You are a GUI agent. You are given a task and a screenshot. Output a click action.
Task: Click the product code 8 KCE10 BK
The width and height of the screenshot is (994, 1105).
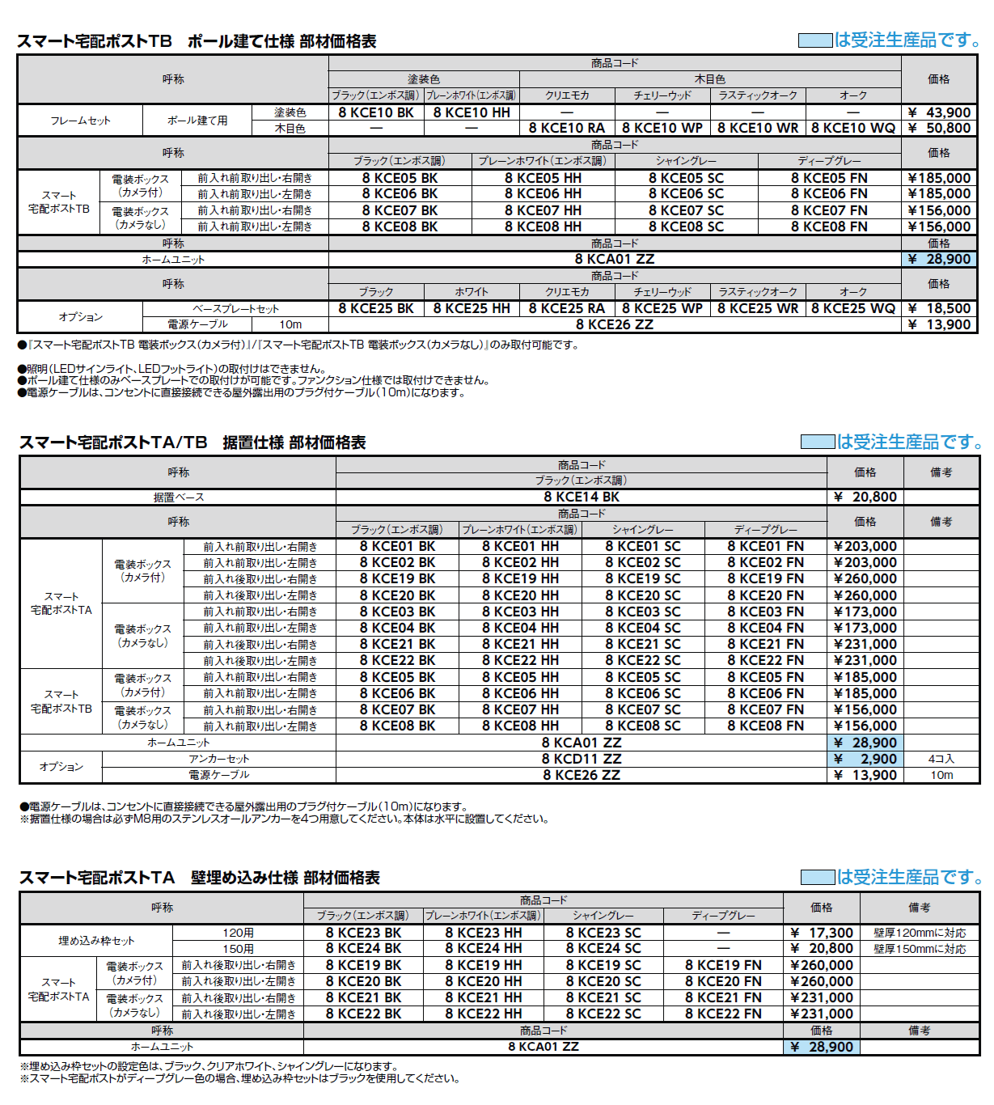(375, 113)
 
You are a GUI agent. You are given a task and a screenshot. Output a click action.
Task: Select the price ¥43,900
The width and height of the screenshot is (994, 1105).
(938, 113)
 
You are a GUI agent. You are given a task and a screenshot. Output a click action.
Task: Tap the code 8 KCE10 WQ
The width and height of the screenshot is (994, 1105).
(853, 128)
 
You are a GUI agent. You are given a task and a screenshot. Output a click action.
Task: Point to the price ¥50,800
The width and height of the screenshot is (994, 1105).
(938, 128)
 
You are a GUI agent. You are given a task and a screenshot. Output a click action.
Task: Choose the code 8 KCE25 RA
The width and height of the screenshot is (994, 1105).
(566, 308)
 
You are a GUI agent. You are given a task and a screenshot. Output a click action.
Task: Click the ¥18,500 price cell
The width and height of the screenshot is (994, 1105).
(938, 308)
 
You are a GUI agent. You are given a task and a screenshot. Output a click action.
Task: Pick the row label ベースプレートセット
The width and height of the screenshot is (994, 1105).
(235, 309)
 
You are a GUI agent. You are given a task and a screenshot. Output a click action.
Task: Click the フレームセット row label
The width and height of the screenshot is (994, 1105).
(80, 121)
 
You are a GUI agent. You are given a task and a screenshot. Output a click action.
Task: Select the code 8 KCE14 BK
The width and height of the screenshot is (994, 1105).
(582, 497)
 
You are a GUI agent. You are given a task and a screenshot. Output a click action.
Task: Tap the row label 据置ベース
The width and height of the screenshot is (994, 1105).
(179, 497)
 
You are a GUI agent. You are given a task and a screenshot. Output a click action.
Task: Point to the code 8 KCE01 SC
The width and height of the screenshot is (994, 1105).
(643, 546)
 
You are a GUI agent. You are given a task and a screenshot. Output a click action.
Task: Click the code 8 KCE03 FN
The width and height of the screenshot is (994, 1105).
(765, 612)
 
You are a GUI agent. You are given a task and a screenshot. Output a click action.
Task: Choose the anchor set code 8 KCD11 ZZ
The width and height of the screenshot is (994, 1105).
(582, 759)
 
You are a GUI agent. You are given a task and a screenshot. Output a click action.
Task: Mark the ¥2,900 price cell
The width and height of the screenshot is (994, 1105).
(865, 759)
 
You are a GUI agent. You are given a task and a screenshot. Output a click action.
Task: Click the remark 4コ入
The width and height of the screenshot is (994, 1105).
(941, 759)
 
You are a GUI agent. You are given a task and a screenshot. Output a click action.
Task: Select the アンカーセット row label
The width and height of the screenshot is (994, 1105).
(218, 759)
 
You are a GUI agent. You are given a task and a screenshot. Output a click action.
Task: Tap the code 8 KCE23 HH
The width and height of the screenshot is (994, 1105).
(483, 933)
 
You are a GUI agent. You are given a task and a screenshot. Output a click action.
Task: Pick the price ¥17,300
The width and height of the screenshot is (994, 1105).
(821, 933)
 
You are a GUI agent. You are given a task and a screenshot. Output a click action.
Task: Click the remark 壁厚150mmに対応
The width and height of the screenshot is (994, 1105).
(920, 949)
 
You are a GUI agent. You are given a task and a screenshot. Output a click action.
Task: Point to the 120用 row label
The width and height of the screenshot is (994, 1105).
(238, 933)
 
